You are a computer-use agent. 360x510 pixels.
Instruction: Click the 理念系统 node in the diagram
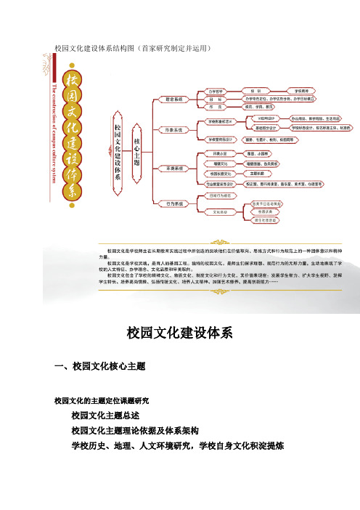pos(174,99)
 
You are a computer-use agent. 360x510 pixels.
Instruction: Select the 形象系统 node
pos(174,130)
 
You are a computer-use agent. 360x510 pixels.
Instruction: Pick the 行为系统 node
pos(174,204)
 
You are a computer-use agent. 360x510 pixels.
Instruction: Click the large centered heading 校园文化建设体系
pos(179,333)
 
